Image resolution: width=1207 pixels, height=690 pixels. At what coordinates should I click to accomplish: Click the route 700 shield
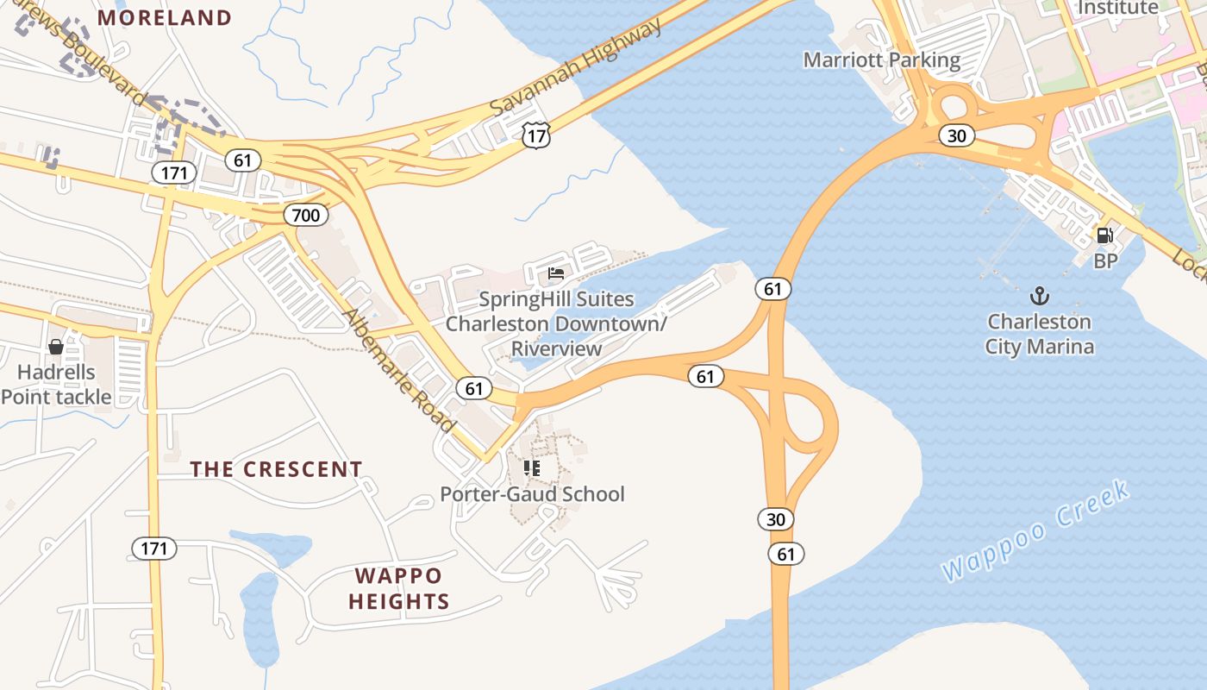point(306,215)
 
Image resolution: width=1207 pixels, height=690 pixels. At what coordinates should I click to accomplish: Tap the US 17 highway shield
point(535,134)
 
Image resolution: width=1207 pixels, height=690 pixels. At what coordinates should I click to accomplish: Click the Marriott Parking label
point(881,60)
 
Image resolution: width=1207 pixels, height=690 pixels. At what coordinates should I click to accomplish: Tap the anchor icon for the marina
point(1040,297)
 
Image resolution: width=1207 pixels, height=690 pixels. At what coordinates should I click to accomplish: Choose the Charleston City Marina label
point(1040,335)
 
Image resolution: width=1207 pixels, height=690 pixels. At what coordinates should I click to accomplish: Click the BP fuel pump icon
point(1104,235)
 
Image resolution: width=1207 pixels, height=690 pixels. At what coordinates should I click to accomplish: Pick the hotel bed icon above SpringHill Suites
point(556,274)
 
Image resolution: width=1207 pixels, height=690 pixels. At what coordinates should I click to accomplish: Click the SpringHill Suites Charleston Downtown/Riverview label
point(556,324)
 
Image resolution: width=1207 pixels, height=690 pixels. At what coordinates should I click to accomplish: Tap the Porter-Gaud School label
point(532,494)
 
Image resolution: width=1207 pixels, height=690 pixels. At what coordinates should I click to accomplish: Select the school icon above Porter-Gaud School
point(532,468)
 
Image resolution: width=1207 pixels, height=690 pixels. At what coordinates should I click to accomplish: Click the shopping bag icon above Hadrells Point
point(56,347)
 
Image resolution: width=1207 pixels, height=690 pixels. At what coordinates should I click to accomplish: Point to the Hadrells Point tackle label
point(57,386)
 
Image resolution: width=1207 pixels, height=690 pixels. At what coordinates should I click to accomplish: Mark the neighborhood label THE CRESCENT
point(276,469)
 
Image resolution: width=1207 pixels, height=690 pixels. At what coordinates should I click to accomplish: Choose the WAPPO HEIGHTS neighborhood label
point(399,588)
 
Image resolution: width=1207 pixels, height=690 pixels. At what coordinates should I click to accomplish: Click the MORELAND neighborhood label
point(165,17)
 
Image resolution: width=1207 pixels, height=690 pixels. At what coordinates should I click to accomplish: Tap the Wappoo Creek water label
point(1035,532)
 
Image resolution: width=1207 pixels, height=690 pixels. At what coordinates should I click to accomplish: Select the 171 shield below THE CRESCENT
point(154,548)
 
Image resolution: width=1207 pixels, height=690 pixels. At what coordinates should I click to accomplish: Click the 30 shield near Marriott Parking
point(956,135)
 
